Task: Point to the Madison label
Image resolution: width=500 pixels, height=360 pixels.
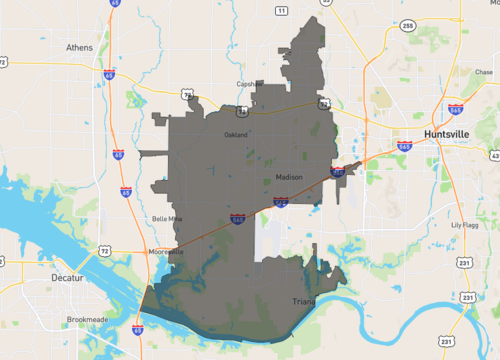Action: [x=289, y=177]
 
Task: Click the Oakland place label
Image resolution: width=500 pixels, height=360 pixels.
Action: [x=236, y=134]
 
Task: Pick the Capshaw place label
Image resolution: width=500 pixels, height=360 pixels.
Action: [x=247, y=84]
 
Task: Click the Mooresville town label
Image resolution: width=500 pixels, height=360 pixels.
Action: [x=166, y=251]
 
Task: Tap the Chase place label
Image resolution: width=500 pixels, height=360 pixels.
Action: [x=484, y=72]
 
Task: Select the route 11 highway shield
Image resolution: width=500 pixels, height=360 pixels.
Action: [x=281, y=11]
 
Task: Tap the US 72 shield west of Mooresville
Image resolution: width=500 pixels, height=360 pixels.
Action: [x=104, y=251]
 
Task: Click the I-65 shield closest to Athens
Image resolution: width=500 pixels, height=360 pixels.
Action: [x=107, y=73]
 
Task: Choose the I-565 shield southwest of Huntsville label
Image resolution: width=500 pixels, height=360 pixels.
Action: [x=405, y=146]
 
